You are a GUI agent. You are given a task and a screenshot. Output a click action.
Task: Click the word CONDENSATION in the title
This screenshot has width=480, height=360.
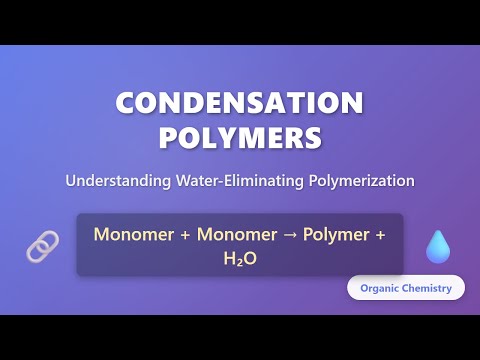(240, 103)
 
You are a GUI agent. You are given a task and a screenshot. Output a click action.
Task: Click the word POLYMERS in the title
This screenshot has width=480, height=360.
(240, 137)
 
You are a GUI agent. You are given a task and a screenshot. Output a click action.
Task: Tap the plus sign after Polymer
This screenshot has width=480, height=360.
(380, 235)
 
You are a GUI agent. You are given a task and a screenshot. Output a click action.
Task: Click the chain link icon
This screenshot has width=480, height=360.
(42, 246)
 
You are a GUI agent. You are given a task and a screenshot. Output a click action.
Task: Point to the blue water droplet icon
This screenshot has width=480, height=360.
(437, 246)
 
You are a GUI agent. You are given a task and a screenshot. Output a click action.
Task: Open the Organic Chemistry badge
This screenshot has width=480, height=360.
(406, 288)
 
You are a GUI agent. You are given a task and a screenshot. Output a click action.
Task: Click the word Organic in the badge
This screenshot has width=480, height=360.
(382, 288)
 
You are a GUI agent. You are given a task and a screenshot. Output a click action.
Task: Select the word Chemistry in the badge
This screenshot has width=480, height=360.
(429, 288)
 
